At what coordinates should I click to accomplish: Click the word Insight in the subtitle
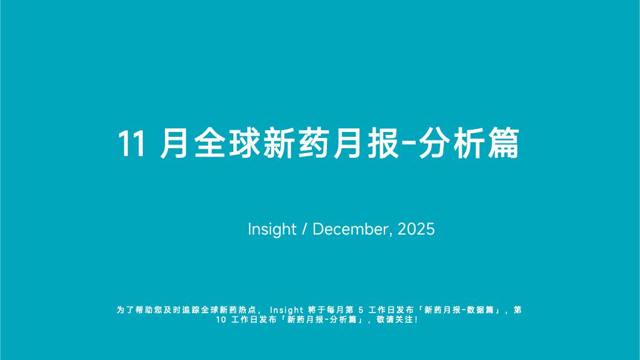tap(272, 229)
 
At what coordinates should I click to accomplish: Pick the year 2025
tap(416, 229)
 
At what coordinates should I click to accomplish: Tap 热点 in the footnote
tap(250, 310)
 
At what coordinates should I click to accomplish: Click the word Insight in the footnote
tap(287, 310)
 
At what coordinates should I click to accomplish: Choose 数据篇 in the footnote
tap(481, 310)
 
